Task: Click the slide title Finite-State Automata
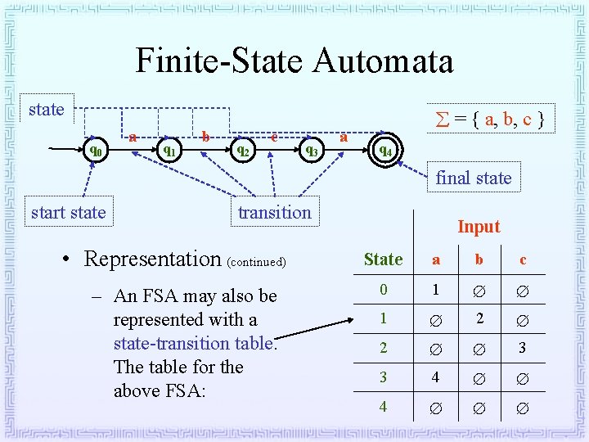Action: (294, 61)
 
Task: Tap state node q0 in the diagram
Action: (96, 151)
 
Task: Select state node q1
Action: (169, 151)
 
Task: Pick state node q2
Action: (241, 151)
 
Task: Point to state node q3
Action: (311, 151)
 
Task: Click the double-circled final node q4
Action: (384, 151)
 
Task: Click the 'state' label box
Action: (46, 110)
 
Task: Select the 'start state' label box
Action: (68, 212)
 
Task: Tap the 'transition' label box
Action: (274, 212)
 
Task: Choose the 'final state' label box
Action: (473, 178)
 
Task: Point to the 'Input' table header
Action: (479, 227)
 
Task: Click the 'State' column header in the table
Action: (383, 259)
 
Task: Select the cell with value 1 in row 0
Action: (436, 290)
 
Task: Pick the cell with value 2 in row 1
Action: (479, 318)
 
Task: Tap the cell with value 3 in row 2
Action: (523, 348)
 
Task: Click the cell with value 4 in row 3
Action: (436, 377)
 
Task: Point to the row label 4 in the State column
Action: (383, 406)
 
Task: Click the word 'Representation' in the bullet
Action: (153, 259)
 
